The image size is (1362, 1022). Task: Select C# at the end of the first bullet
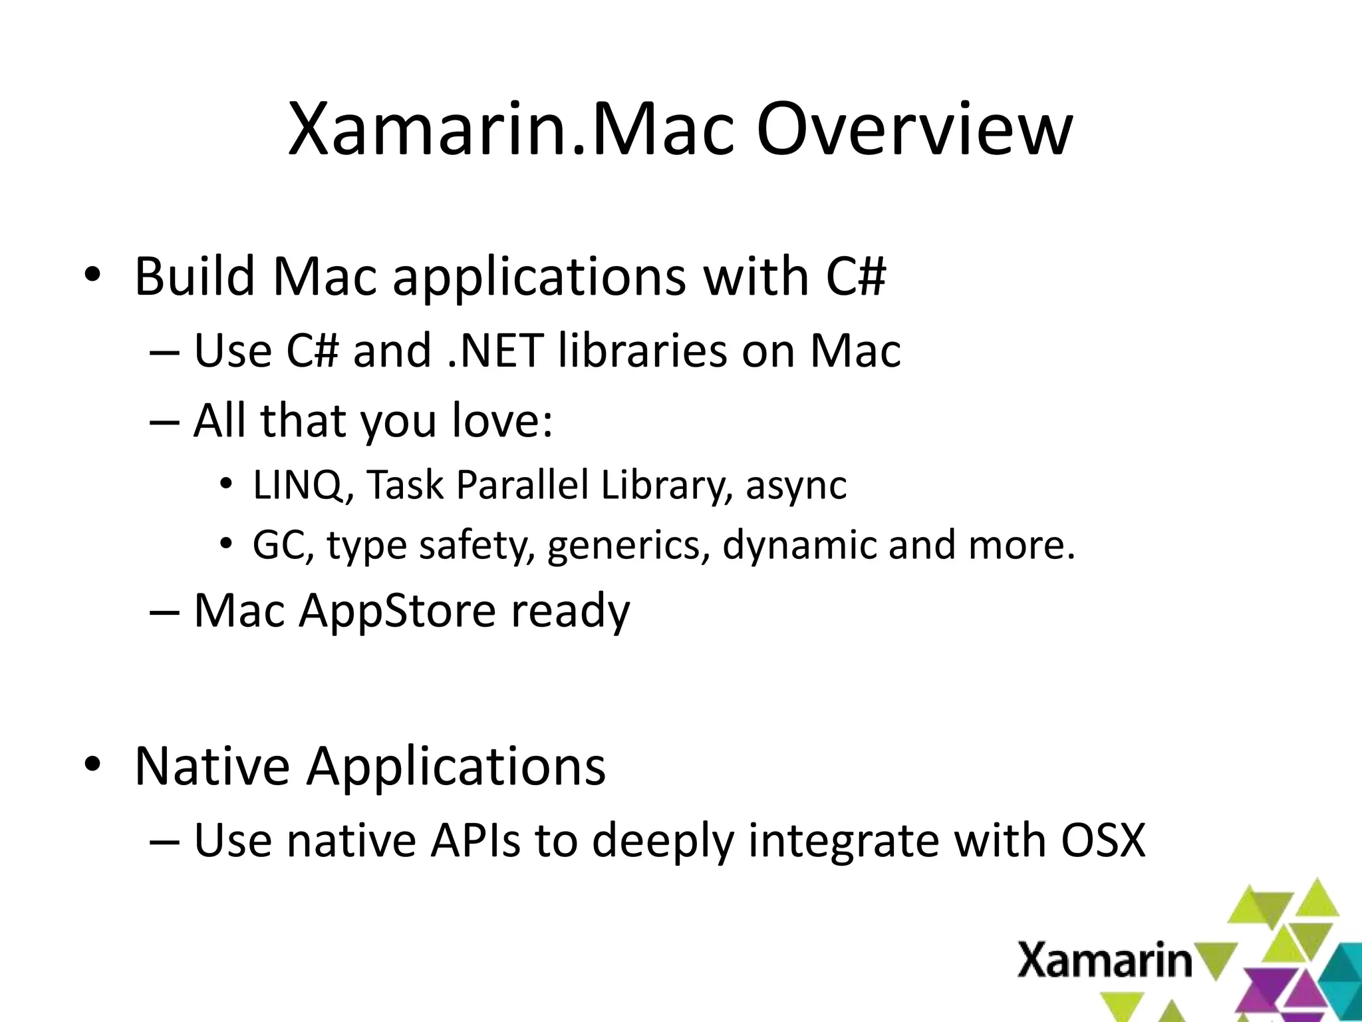pos(856,276)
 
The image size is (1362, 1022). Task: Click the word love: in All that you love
pos(502,421)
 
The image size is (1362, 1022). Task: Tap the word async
pos(796,485)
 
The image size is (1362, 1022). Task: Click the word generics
pos(628,546)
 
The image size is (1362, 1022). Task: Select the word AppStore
pos(397,610)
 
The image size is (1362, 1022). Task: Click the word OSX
pos(1103,840)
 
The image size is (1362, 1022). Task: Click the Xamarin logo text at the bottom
pos(1104,961)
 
